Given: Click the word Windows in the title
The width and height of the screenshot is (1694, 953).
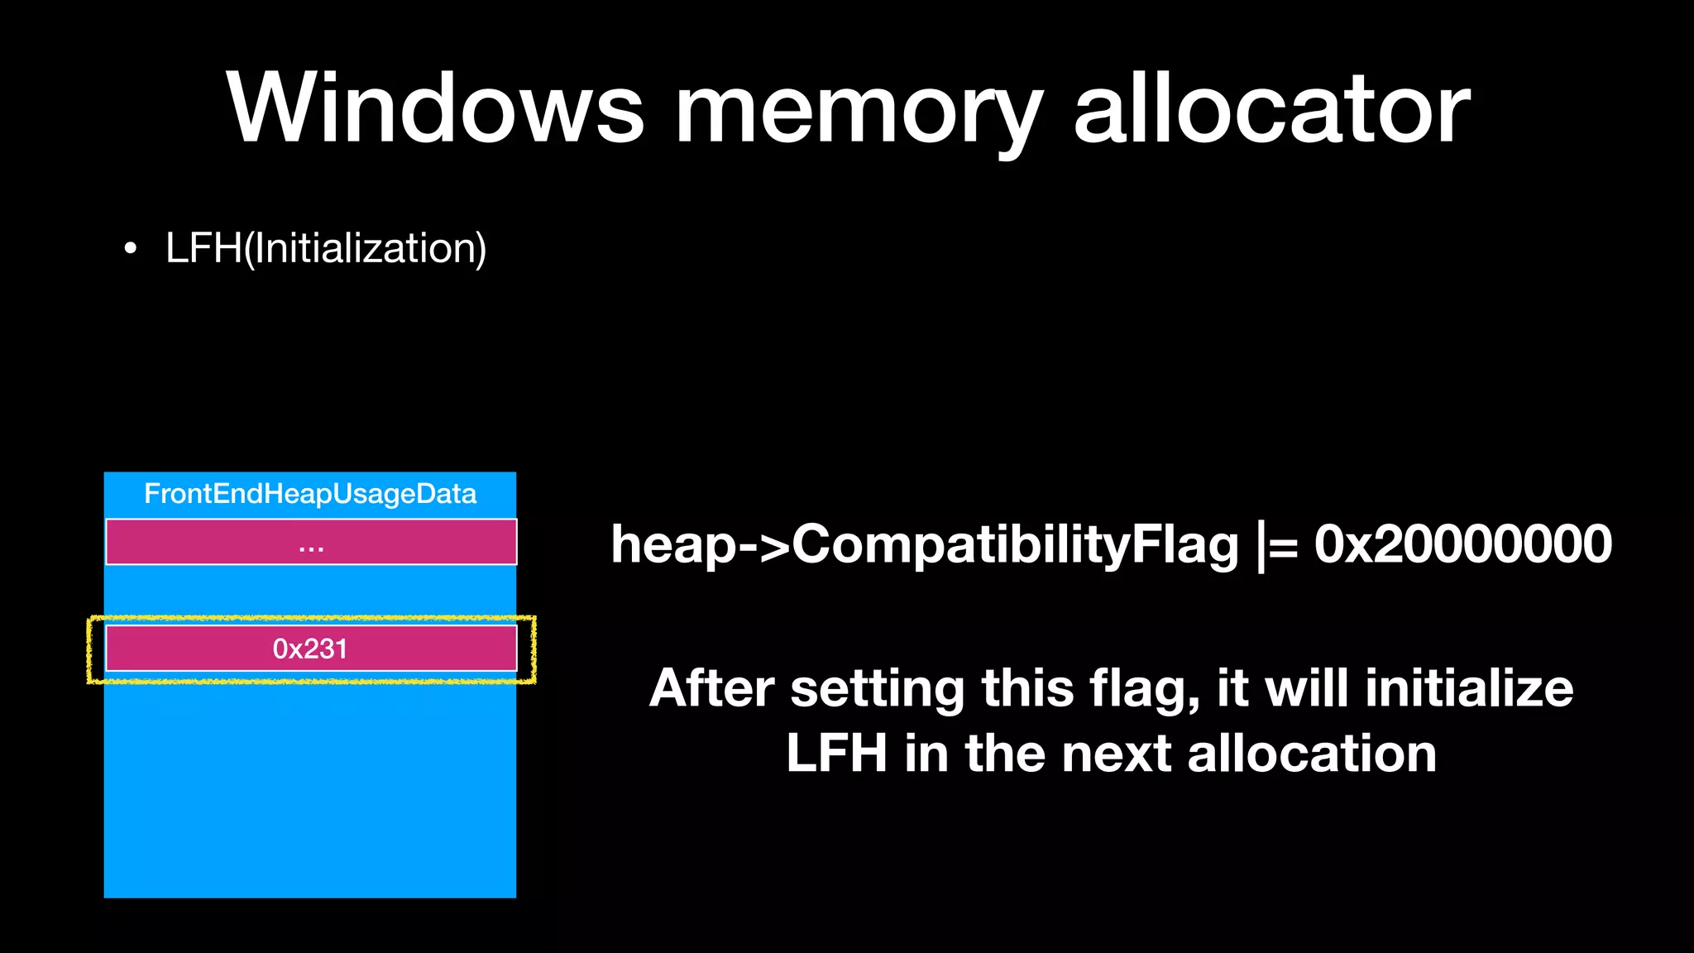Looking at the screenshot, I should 435,109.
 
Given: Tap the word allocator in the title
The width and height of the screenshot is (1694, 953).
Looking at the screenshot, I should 1271,109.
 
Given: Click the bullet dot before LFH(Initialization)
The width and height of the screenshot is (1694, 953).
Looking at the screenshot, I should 130,248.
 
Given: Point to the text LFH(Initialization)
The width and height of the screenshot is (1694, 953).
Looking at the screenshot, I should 326,248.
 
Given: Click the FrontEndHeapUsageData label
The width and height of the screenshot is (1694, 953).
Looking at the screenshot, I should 310,494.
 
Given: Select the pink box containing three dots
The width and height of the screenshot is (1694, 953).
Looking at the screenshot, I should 311,543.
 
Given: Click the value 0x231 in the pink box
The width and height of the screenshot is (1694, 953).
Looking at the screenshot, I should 310,649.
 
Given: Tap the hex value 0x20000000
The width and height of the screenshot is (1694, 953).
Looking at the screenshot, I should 1462,544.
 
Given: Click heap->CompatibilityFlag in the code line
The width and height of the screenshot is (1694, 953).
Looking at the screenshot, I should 924,546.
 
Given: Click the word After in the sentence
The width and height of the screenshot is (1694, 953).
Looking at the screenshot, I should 711,688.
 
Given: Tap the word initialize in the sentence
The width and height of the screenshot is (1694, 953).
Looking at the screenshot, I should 1469,688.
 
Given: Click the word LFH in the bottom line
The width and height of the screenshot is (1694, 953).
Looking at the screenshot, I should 836,754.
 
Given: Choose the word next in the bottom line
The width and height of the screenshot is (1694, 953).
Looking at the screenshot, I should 1116,754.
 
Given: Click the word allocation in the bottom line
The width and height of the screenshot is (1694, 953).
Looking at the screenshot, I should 1312,754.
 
